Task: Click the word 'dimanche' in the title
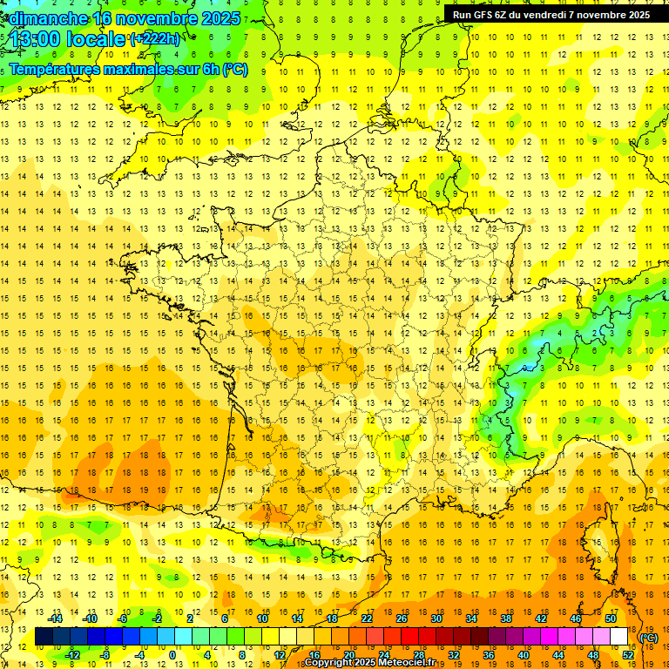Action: pyautogui.click(x=45, y=18)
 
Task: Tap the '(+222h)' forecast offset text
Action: pyautogui.click(x=155, y=38)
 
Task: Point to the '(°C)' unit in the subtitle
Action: pyautogui.click(x=234, y=69)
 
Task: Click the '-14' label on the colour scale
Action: pyautogui.click(x=56, y=618)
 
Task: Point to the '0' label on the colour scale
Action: pyautogui.click(x=172, y=654)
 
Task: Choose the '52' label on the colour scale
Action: pyautogui.click(x=628, y=654)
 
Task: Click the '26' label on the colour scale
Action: pyautogui.click(x=402, y=618)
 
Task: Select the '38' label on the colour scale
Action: pyautogui.click(x=505, y=618)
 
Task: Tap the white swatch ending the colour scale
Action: pyautogui.click(x=619, y=637)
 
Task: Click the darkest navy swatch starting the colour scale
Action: pyautogui.click(x=44, y=637)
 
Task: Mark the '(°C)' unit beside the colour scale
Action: pyautogui.click(x=648, y=637)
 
